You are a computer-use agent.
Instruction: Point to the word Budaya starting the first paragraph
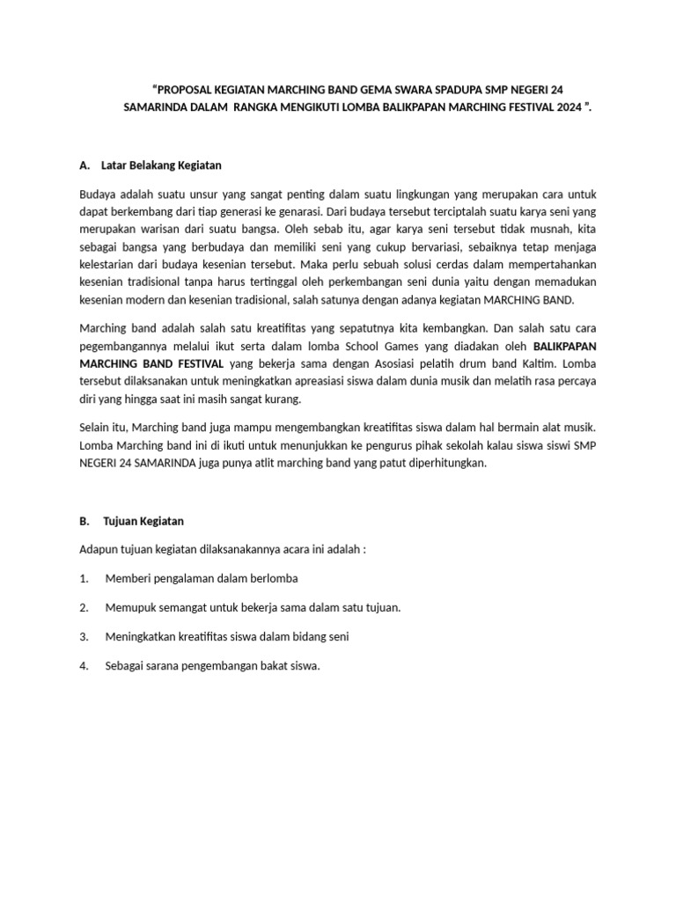coord(98,193)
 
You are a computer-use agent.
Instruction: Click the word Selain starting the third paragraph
coord(96,427)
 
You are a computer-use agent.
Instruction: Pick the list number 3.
coord(84,636)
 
